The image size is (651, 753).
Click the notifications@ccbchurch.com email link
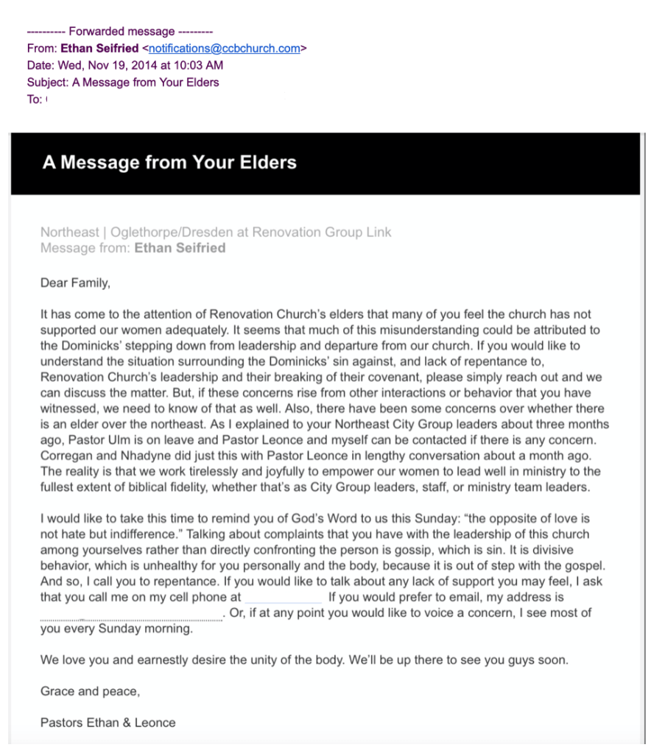[x=225, y=49]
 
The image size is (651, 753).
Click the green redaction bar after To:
[x=165, y=99]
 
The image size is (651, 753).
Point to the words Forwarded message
[x=122, y=32]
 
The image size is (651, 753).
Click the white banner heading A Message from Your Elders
[x=169, y=163]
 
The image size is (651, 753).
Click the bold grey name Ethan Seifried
[x=180, y=248]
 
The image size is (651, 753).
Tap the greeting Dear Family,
[x=75, y=282]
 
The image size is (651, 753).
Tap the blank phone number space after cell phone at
[x=284, y=598]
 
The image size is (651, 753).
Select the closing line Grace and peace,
[x=90, y=692]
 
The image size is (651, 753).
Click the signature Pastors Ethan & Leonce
[x=108, y=723]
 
